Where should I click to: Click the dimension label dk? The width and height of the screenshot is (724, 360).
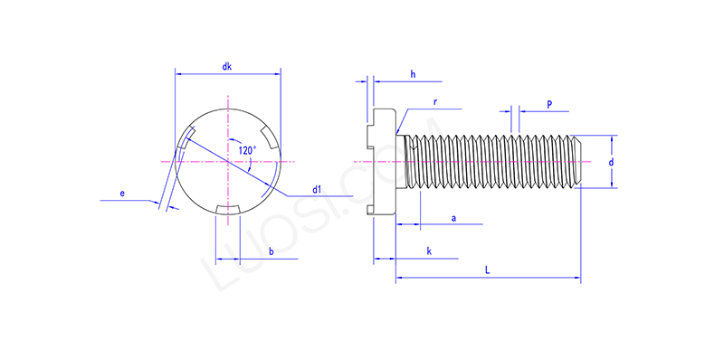click(227, 67)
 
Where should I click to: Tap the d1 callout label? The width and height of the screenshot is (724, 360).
click(317, 190)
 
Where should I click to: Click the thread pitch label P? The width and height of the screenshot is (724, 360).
click(549, 104)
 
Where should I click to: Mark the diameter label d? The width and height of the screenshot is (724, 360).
click(612, 162)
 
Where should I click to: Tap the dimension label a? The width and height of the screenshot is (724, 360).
click(452, 218)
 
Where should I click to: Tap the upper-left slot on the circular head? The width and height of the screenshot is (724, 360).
click(186, 138)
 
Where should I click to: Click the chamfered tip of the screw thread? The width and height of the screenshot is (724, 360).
click(576, 162)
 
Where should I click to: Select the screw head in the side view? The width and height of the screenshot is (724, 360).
click(385, 162)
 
